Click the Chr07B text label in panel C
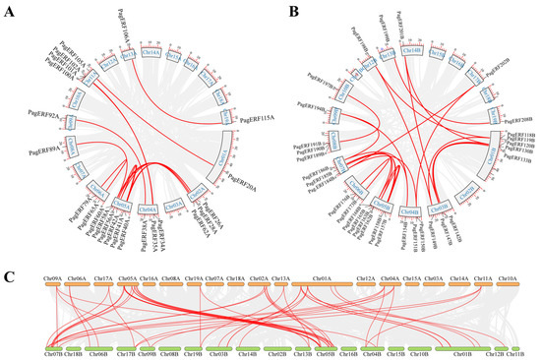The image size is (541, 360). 56,356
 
